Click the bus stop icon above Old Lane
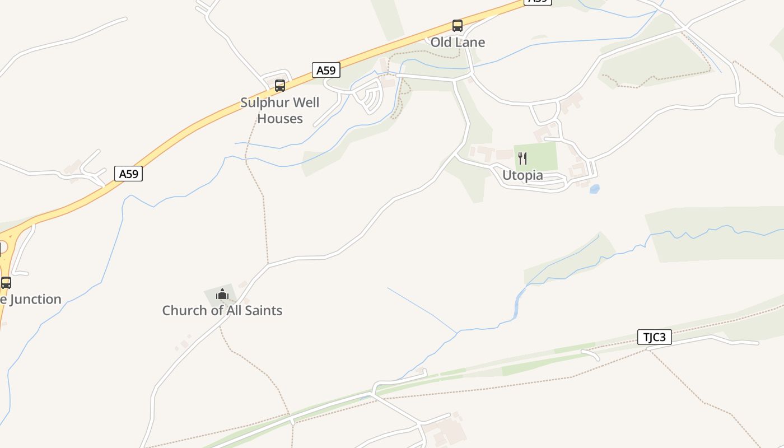point(458,26)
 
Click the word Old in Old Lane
point(441,42)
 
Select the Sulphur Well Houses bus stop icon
point(280,86)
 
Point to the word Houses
point(280,119)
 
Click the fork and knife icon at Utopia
point(522,158)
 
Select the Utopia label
point(522,175)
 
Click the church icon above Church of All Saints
point(222,293)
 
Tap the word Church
point(183,310)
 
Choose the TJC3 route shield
point(654,338)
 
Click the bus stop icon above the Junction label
point(6,282)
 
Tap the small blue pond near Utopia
point(594,189)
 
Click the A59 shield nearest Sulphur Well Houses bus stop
point(326,71)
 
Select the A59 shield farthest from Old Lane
point(128,174)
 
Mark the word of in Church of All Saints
point(216,310)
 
